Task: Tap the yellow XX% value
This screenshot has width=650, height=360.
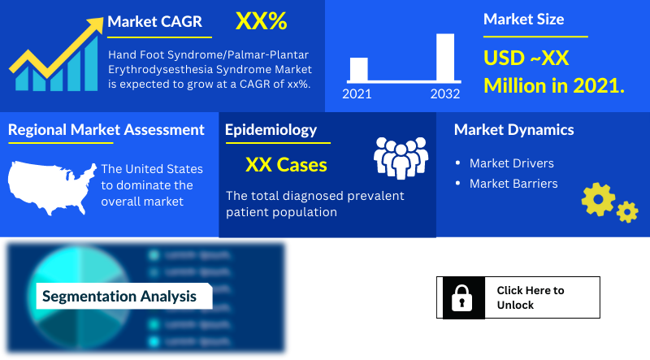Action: [x=261, y=22]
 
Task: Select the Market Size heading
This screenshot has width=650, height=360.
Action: [x=523, y=19]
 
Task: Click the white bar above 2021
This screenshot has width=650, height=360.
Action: [x=358, y=69]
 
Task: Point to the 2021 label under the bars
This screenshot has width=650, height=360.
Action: [x=357, y=93]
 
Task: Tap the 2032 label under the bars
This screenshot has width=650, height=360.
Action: [x=445, y=93]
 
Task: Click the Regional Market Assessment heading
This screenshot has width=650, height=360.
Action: [x=106, y=129]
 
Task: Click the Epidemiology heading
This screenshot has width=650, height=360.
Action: [x=271, y=129]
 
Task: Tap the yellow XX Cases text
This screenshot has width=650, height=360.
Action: [x=286, y=165]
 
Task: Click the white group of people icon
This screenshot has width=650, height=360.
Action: [x=400, y=157]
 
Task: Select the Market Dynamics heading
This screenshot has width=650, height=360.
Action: [x=513, y=129]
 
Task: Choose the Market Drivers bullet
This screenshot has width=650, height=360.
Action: [x=511, y=163]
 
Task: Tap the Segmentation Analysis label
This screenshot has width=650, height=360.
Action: [x=119, y=296]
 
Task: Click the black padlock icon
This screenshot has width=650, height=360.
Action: [x=461, y=297]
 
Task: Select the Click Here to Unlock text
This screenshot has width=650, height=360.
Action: [x=530, y=297]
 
